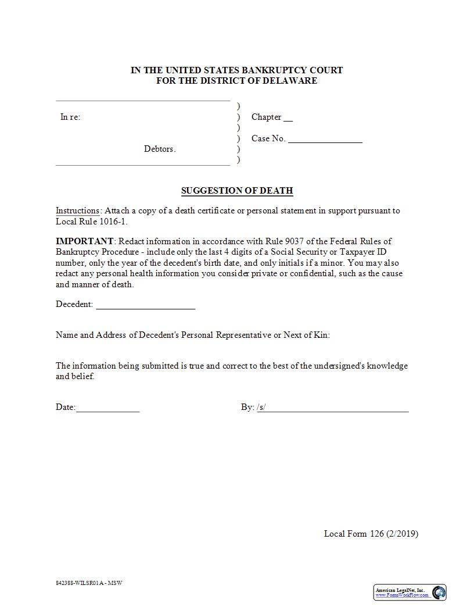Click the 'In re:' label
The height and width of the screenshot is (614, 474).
tap(70, 117)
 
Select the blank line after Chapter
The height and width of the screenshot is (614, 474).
tap(288, 119)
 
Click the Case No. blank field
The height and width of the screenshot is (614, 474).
tap(325, 140)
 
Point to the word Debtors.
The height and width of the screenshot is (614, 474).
tap(160, 149)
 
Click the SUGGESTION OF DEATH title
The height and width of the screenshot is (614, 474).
tap(237, 191)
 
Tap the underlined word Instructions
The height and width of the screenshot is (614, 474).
tap(78, 211)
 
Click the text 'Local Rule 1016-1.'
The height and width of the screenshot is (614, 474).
tap(91, 222)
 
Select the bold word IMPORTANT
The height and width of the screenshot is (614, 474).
tap(85, 241)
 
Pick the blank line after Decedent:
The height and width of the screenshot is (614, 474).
tap(145, 306)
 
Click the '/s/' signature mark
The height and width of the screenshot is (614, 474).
tap(261, 408)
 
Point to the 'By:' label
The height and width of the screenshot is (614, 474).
tap(247, 408)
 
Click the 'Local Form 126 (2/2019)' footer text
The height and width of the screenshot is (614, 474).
tap(371, 534)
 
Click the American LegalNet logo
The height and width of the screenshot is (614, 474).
tap(410, 592)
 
